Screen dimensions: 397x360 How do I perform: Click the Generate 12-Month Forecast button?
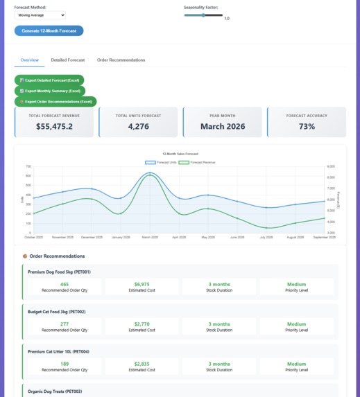tap(49, 30)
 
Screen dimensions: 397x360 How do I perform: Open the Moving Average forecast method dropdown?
tap(40, 15)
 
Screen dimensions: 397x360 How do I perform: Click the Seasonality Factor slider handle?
tap(203, 15)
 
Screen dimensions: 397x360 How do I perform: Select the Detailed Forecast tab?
tap(68, 60)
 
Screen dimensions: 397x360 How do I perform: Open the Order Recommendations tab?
tap(121, 60)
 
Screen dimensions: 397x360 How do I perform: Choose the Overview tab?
tap(30, 60)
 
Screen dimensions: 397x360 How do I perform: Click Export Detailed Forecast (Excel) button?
tap(49, 80)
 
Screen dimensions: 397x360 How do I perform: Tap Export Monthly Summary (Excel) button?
tap(49, 91)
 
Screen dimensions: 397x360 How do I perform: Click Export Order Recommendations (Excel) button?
tap(55, 101)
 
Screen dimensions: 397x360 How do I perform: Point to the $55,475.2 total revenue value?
tap(54, 126)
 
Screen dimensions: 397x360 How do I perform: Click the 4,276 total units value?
tap(138, 126)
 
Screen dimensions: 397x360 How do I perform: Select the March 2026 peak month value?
tap(222, 126)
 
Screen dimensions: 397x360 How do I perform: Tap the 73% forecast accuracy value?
tap(306, 126)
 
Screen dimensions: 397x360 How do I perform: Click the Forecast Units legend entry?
tap(161, 162)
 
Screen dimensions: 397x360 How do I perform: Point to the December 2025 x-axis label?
tap(92, 237)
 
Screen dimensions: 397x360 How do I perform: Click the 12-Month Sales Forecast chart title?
tap(180, 154)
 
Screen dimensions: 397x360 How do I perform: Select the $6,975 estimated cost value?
tap(142, 284)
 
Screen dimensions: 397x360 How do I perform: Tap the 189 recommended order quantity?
tap(65, 364)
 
